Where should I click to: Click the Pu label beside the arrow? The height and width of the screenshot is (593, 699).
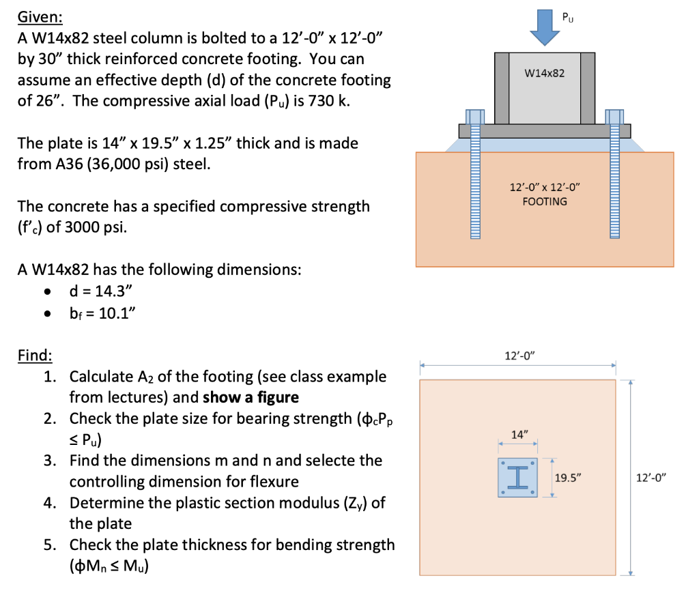(x=567, y=14)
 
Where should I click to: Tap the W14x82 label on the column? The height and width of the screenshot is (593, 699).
(x=544, y=72)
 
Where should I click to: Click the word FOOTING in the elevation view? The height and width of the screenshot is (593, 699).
(x=544, y=201)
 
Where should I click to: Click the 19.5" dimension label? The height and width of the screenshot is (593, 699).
(x=567, y=478)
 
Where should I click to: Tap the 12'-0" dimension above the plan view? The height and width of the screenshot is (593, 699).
(x=520, y=355)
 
